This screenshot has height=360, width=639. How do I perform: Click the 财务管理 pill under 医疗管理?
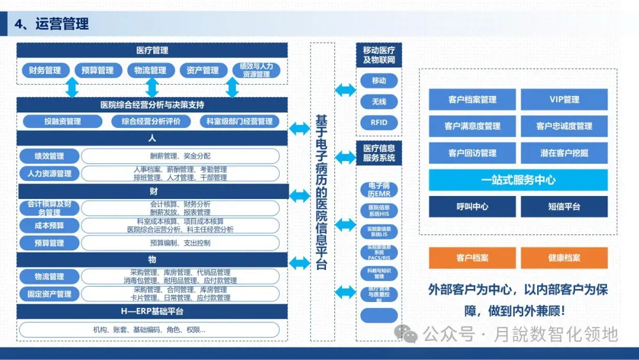(x=45, y=70)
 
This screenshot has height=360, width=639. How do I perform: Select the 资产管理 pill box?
(x=202, y=70)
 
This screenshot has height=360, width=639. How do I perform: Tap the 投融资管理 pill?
(x=63, y=121)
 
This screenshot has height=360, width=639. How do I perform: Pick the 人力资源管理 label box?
(x=49, y=173)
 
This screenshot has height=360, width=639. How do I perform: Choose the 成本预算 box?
(x=49, y=226)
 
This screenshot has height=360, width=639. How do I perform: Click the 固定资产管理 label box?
(x=49, y=294)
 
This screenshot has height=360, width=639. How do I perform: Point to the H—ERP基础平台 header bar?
(x=152, y=311)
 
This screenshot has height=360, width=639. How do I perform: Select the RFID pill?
(x=379, y=123)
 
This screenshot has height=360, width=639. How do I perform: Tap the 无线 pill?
(x=379, y=102)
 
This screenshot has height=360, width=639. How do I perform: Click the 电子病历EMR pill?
(x=379, y=190)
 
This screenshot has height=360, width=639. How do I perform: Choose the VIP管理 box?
(x=564, y=99)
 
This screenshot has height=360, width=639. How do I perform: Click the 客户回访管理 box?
(x=472, y=153)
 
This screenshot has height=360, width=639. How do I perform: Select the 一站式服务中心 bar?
(x=518, y=180)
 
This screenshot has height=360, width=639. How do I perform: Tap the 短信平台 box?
(x=564, y=207)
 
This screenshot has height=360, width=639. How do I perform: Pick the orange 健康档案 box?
(x=564, y=258)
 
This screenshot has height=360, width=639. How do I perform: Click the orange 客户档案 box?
(x=472, y=258)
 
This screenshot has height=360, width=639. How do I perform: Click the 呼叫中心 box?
(x=472, y=207)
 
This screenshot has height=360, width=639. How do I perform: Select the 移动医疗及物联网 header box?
(x=379, y=56)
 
